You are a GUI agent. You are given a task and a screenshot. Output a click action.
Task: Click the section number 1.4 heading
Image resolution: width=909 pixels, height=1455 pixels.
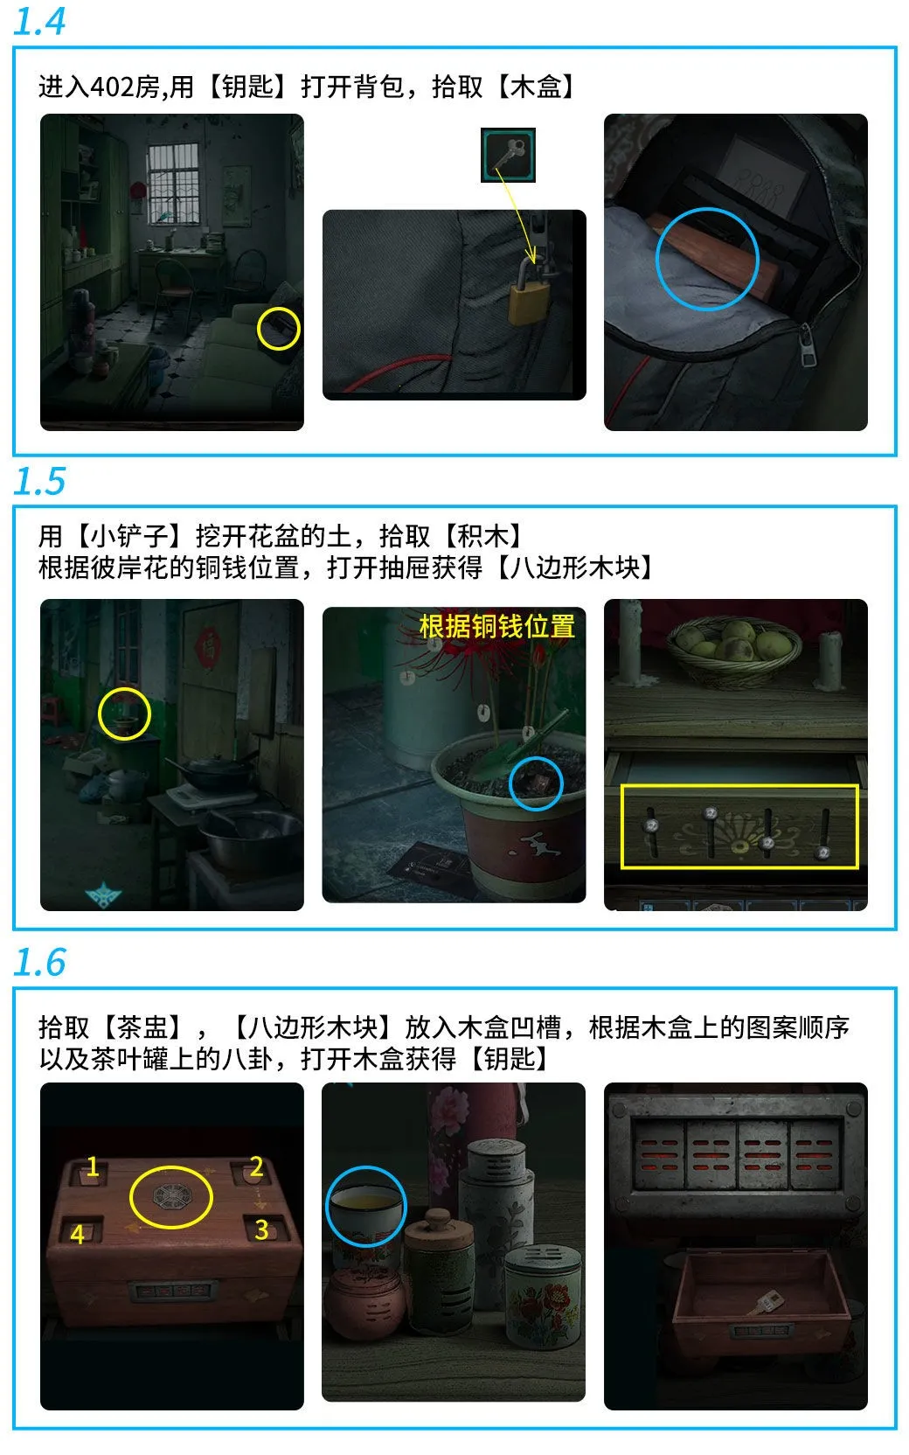[39, 21]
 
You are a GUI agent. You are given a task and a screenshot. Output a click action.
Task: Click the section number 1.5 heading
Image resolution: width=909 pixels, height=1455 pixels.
[39, 482]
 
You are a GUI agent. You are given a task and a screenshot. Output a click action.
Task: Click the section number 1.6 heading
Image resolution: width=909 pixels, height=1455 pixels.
[39, 963]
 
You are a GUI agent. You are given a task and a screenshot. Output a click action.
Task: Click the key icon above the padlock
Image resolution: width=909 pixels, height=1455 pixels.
[508, 155]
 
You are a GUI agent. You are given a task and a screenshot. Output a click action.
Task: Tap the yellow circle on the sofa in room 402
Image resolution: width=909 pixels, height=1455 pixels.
[279, 330]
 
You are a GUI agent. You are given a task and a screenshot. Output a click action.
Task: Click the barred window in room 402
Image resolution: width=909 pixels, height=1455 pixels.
[174, 184]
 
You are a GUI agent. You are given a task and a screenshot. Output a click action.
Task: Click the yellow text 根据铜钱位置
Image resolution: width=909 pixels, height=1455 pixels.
[496, 626]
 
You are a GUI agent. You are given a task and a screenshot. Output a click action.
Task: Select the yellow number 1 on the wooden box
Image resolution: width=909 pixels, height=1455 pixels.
[92, 1167]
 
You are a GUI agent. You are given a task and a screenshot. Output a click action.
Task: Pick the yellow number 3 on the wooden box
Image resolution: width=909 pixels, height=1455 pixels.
[260, 1229]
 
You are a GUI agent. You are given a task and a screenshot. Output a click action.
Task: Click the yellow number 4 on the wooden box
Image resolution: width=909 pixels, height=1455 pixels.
[78, 1234]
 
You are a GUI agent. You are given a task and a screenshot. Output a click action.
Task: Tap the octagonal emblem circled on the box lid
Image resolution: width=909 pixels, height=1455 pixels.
[170, 1196]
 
